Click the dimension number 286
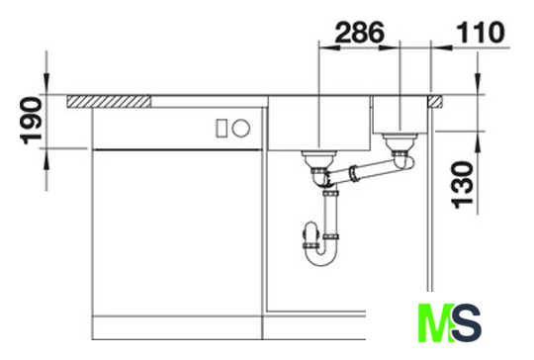(360, 33)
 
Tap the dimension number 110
(481, 33)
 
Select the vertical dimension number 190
(32, 121)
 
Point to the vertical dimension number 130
(462, 185)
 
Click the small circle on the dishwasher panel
(241, 128)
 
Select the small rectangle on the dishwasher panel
(222, 128)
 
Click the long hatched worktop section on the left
(109, 102)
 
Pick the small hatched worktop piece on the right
(435, 102)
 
